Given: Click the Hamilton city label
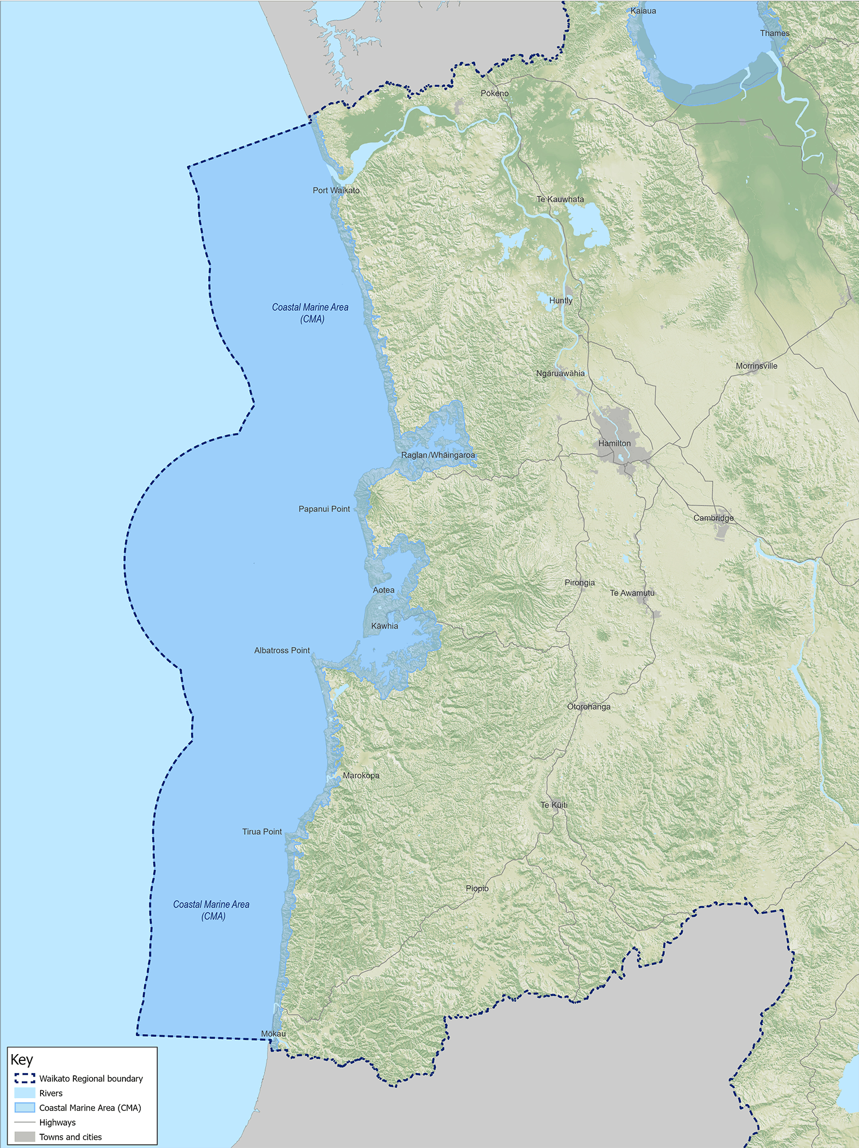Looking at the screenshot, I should pos(614,443).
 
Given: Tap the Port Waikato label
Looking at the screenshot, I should pos(336,190).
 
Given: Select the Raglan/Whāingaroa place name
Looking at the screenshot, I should pos(438,455).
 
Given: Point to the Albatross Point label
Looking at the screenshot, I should pos(282,650).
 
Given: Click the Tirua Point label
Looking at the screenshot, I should pos(262,831).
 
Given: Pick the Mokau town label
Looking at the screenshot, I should pos(273,1033).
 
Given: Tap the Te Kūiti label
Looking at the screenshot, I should pos(554,805).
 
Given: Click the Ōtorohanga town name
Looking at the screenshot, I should pos(589,707).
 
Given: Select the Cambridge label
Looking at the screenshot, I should pos(714,518).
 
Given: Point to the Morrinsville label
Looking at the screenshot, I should pos(756,366).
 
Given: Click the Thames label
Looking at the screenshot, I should pos(775,33).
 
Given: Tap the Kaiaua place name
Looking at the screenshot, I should pos(643,11).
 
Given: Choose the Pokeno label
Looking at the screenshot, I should pos(494,93).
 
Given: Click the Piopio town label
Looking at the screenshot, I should pos(477,889).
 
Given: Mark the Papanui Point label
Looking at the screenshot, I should pos(324,509).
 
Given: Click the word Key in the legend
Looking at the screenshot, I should pos(22,1059).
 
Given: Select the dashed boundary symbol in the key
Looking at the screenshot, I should pos(25,1078).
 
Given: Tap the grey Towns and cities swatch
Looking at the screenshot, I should pos(25,1137).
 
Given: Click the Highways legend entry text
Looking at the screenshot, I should pos(57,1122).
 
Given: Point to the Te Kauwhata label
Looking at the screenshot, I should pos(560,199).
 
